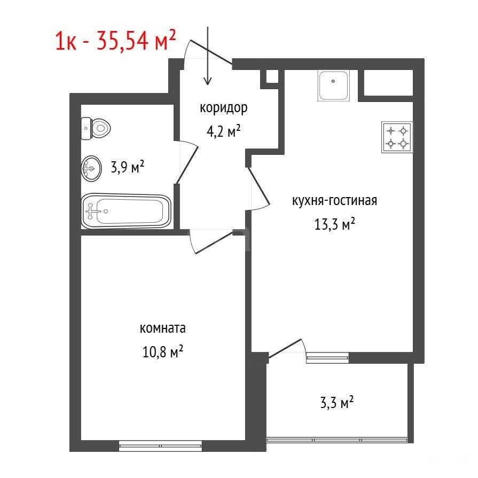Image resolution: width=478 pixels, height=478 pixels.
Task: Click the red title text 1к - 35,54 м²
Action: click(115, 41)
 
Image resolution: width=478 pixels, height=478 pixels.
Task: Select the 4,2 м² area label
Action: click(223, 131)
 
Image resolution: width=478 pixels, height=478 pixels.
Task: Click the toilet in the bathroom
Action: click(96, 129)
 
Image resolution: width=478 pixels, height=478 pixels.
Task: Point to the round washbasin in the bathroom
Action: click(91, 169)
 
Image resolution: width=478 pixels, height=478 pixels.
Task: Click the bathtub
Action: click(126, 210)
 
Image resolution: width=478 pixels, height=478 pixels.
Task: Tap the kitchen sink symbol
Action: click(333, 85)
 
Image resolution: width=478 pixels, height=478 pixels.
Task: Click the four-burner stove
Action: click(397, 137)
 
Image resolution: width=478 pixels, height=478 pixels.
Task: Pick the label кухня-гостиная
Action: click(334, 201)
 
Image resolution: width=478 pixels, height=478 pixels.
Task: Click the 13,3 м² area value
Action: click(334, 224)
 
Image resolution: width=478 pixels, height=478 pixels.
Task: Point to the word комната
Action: click(162, 328)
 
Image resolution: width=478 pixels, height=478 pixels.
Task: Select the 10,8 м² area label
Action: click(162, 352)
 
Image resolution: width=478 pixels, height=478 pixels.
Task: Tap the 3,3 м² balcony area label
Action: click(336, 402)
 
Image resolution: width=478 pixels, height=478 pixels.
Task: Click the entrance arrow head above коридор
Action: click(208, 81)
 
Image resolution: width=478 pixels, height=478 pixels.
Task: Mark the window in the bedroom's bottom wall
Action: click(160, 445)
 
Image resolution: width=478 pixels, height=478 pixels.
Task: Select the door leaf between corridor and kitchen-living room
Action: click(259, 185)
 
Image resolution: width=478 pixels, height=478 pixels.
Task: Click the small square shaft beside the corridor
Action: click(272, 76)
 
